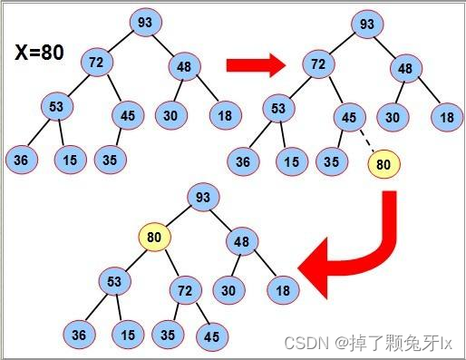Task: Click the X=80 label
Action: (x=40, y=53)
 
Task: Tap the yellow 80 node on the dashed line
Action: (x=383, y=164)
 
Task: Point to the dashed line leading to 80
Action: (x=365, y=141)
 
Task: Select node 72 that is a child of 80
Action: (x=186, y=292)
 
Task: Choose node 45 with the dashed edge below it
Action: (x=348, y=117)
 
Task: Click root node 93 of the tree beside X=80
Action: (x=144, y=22)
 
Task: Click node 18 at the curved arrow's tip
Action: (x=283, y=289)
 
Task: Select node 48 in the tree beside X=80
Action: (x=183, y=66)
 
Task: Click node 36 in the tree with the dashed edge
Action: (x=244, y=163)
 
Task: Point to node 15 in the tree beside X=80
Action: (x=69, y=161)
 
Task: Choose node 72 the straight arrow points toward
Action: (x=317, y=65)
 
